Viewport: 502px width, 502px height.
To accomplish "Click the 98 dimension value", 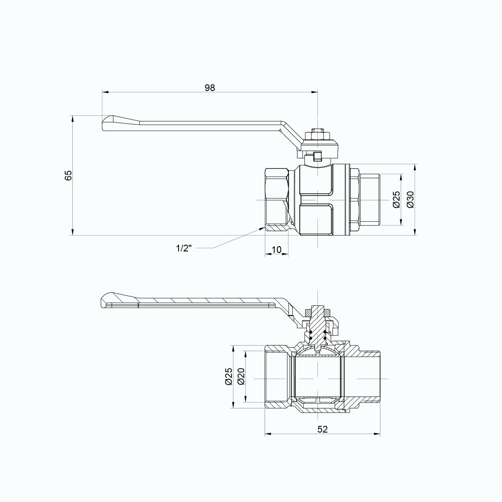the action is pos(210,88).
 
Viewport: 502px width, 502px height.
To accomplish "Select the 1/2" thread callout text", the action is pos(184,248).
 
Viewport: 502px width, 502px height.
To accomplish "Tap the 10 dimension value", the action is pos(276,250).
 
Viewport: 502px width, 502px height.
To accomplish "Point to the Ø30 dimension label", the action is pos(410,200).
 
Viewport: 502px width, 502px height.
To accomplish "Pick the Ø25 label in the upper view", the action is pos(397,200).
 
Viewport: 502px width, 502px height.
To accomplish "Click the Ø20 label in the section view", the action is pos(241,376).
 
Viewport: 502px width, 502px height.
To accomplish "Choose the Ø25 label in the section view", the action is pos(228,376).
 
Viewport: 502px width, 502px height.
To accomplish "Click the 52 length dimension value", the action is pos(323,429).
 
